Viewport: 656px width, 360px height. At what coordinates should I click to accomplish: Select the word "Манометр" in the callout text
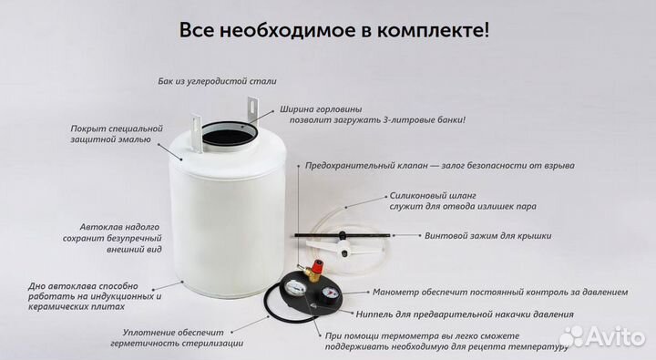[x=400, y=293]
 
